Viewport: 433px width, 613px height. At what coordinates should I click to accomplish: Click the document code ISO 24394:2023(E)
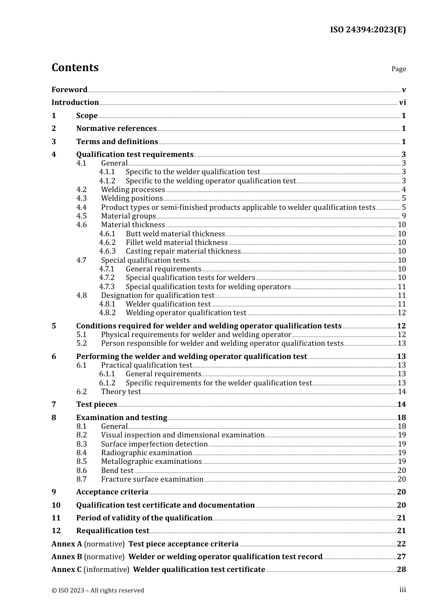click(367, 30)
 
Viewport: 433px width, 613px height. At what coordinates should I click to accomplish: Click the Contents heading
click(75, 68)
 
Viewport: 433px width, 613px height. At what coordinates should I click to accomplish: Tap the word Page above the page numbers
click(398, 69)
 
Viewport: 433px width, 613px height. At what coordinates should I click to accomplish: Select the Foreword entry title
click(69, 89)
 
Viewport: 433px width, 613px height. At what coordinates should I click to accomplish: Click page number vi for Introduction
click(402, 103)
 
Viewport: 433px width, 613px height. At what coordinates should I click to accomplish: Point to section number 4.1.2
click(107, 181)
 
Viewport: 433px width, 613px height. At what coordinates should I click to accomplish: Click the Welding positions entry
click(132, 198)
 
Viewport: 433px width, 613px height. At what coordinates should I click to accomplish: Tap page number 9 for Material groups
click(403, 216)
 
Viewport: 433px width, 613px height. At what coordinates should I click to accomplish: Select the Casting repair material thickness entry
click(183, 251)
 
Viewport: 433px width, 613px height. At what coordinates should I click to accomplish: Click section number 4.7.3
click(107, 287)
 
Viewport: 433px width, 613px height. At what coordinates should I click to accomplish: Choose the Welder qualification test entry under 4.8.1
click(168, 304)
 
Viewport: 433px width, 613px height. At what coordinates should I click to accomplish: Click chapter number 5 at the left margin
click(54, 326)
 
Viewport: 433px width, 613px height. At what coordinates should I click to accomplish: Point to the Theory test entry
click(121, 392)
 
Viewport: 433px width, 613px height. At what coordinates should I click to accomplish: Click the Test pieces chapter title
click(97, 405)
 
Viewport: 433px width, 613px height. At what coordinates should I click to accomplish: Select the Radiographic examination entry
click(146, 453)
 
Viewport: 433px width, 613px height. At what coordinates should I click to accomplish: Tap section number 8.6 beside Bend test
click(82, 471)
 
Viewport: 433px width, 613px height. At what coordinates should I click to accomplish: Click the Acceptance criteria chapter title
click(112, 492)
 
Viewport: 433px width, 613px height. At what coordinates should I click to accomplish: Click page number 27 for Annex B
click(401, 557)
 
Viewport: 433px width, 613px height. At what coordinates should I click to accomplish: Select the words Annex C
click(67, 570)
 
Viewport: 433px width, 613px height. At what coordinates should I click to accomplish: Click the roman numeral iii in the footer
click(402, 590)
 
